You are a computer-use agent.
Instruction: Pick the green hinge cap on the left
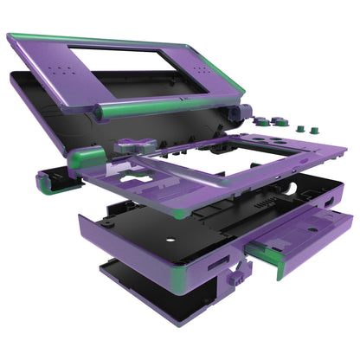pyautogui.click(x=45, y=179)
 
